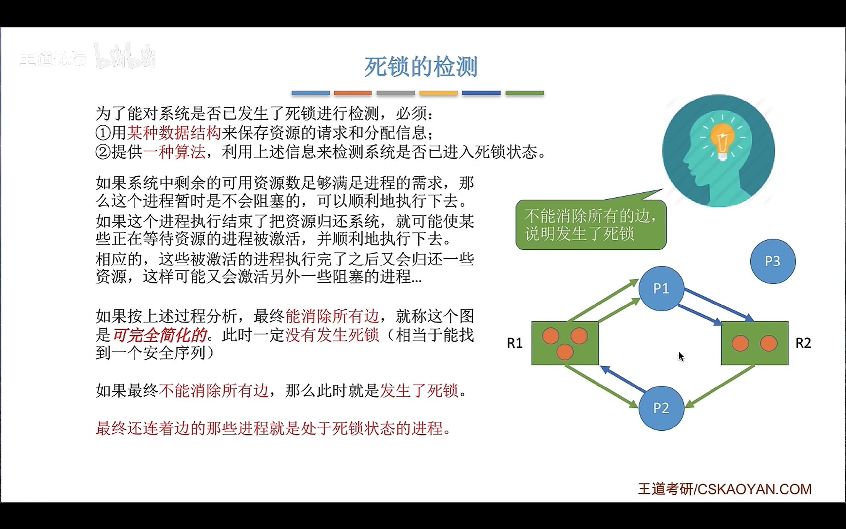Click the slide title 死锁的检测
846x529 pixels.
click(x=421, y=66)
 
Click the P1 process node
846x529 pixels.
click(x=661, y=289)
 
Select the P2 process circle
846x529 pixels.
click(x=661, y=408)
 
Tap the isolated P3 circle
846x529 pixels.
click(x=773, y=261)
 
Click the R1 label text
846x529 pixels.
click(x=515, y=343)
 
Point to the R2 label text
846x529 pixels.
click(x=803, y=343)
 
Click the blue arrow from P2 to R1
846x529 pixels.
click(x=623, y=379)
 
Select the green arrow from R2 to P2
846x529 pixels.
click(x=721, y=386)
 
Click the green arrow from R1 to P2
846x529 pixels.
click(x=601, y=386)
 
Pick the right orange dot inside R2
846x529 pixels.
click(x=768, y=343)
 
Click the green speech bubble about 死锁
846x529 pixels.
click(x=591, y=225)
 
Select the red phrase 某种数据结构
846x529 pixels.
click(x=174, y=133)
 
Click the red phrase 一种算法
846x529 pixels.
click(x=174, y=152)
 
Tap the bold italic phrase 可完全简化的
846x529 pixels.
click(x=160, y=335)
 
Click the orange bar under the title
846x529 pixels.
click(x=353, y=93)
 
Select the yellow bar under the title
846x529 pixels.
click(x=439, y=93)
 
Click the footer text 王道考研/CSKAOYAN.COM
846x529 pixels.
click(x=724, y=489)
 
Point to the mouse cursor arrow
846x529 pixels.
click(x=681, y=356)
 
